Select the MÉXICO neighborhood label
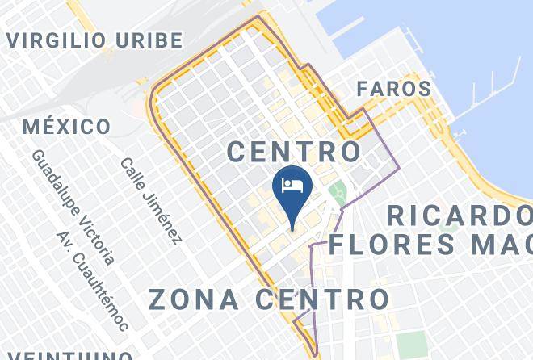point(67,127)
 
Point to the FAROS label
point(394,89)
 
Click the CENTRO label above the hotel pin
point(293,151)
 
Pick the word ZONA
point(194,299)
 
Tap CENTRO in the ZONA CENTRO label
point(322,299)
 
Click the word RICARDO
point(459,216)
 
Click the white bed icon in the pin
point(292,186)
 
